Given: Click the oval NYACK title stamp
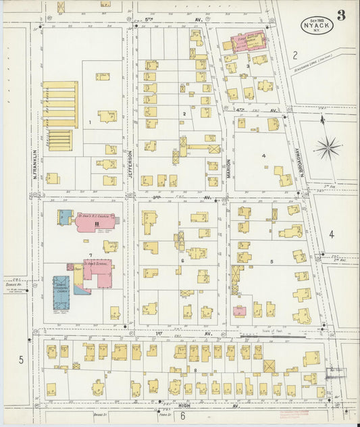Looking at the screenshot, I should click(x=317, y=25).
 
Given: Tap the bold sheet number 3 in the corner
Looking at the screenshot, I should click(x=342, y=16).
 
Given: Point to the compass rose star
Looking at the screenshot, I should click(x=329, y=147).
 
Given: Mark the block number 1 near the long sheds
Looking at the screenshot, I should click(x=88, y=122).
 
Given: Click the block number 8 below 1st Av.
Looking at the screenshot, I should click(x=195, y=370).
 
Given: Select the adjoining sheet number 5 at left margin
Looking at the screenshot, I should click(x=21, y=359).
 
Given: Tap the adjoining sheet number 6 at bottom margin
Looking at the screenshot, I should click(x=183, y=416).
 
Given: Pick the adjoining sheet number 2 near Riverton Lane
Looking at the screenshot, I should click(x=295, y=54).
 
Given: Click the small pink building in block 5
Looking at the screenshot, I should click(x=239, y=311).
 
